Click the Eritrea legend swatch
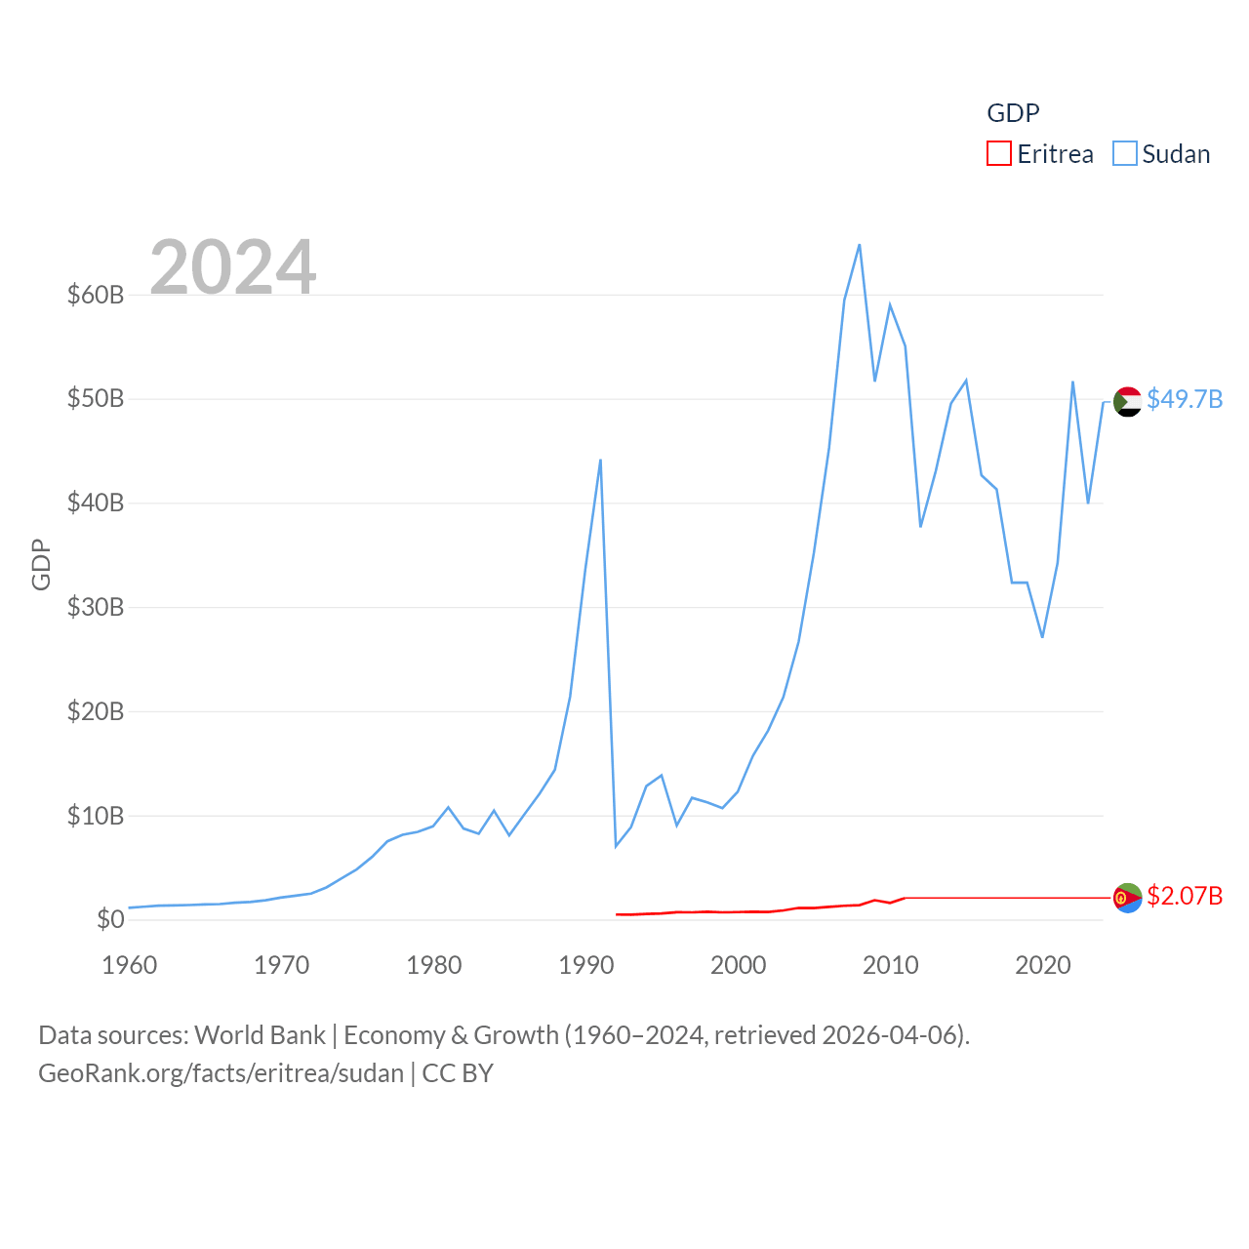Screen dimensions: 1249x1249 (x=998, y=154)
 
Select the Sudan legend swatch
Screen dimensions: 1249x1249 (x=1124, y=154)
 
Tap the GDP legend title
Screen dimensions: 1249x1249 (x=1013, y=113)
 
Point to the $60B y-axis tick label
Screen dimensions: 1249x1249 (x=95, y=295)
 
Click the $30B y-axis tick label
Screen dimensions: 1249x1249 (x=95, y=607)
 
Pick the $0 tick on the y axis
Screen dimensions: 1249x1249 (x=110, y=919)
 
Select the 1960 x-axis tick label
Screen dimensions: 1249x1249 (x=129, y=965)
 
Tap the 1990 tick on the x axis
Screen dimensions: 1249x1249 (x=585, y=965)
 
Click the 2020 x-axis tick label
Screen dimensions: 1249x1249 (x=1042, y=965)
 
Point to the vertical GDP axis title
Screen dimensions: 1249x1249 (x=41, y=564)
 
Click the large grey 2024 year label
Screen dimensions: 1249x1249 (x=232, y=266)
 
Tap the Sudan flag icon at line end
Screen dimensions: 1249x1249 (x=1127, y=401)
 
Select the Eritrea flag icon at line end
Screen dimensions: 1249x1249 (x=1127, y=898)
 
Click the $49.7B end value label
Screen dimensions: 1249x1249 (x=1184, y=399)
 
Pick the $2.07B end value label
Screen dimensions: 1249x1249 (x=1184, y=896)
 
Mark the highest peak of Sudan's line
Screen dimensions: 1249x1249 (x=859, y=245)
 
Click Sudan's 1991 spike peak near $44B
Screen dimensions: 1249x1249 (x=600, y=460)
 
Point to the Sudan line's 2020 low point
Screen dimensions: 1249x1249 (x=1042, y=637)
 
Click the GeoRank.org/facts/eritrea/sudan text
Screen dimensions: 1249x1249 (x=221, y=1073)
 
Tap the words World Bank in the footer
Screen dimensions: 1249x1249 (x=260, y=1034)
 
